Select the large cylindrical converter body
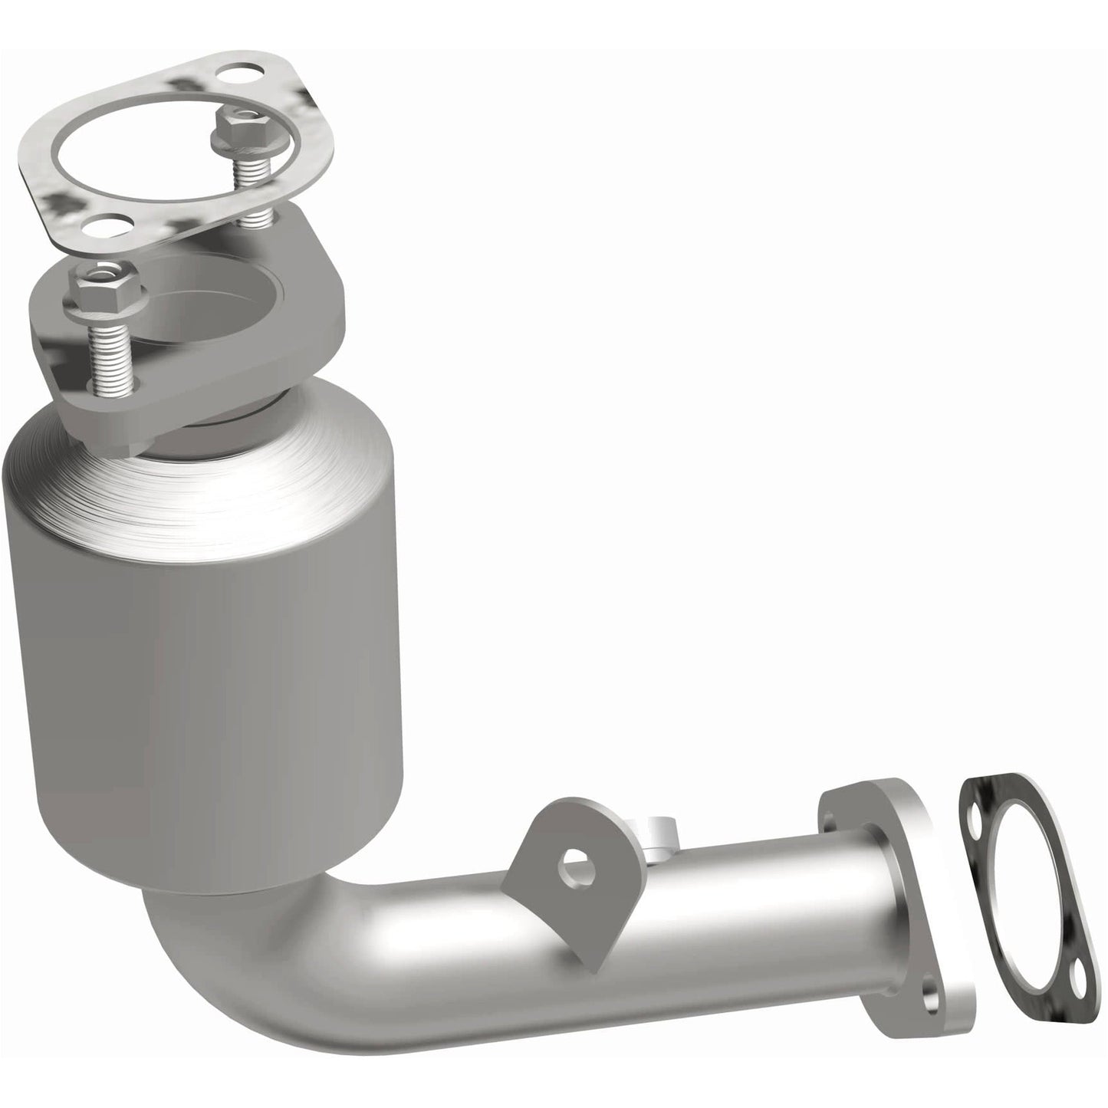point(207,690)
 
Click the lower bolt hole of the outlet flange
point(931,998)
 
